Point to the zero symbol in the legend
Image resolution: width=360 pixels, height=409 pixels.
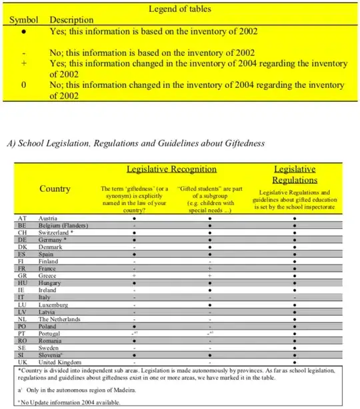(23, 85)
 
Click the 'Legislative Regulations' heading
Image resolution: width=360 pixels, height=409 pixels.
(295, 175)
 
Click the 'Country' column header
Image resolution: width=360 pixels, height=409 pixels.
(55, 189)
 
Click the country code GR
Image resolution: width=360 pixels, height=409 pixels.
(22, 274)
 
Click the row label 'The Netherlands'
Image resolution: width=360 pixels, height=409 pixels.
(63, 319)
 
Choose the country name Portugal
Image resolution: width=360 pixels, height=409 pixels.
(54, 334)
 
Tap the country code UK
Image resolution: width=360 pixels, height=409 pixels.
(22, 362)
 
